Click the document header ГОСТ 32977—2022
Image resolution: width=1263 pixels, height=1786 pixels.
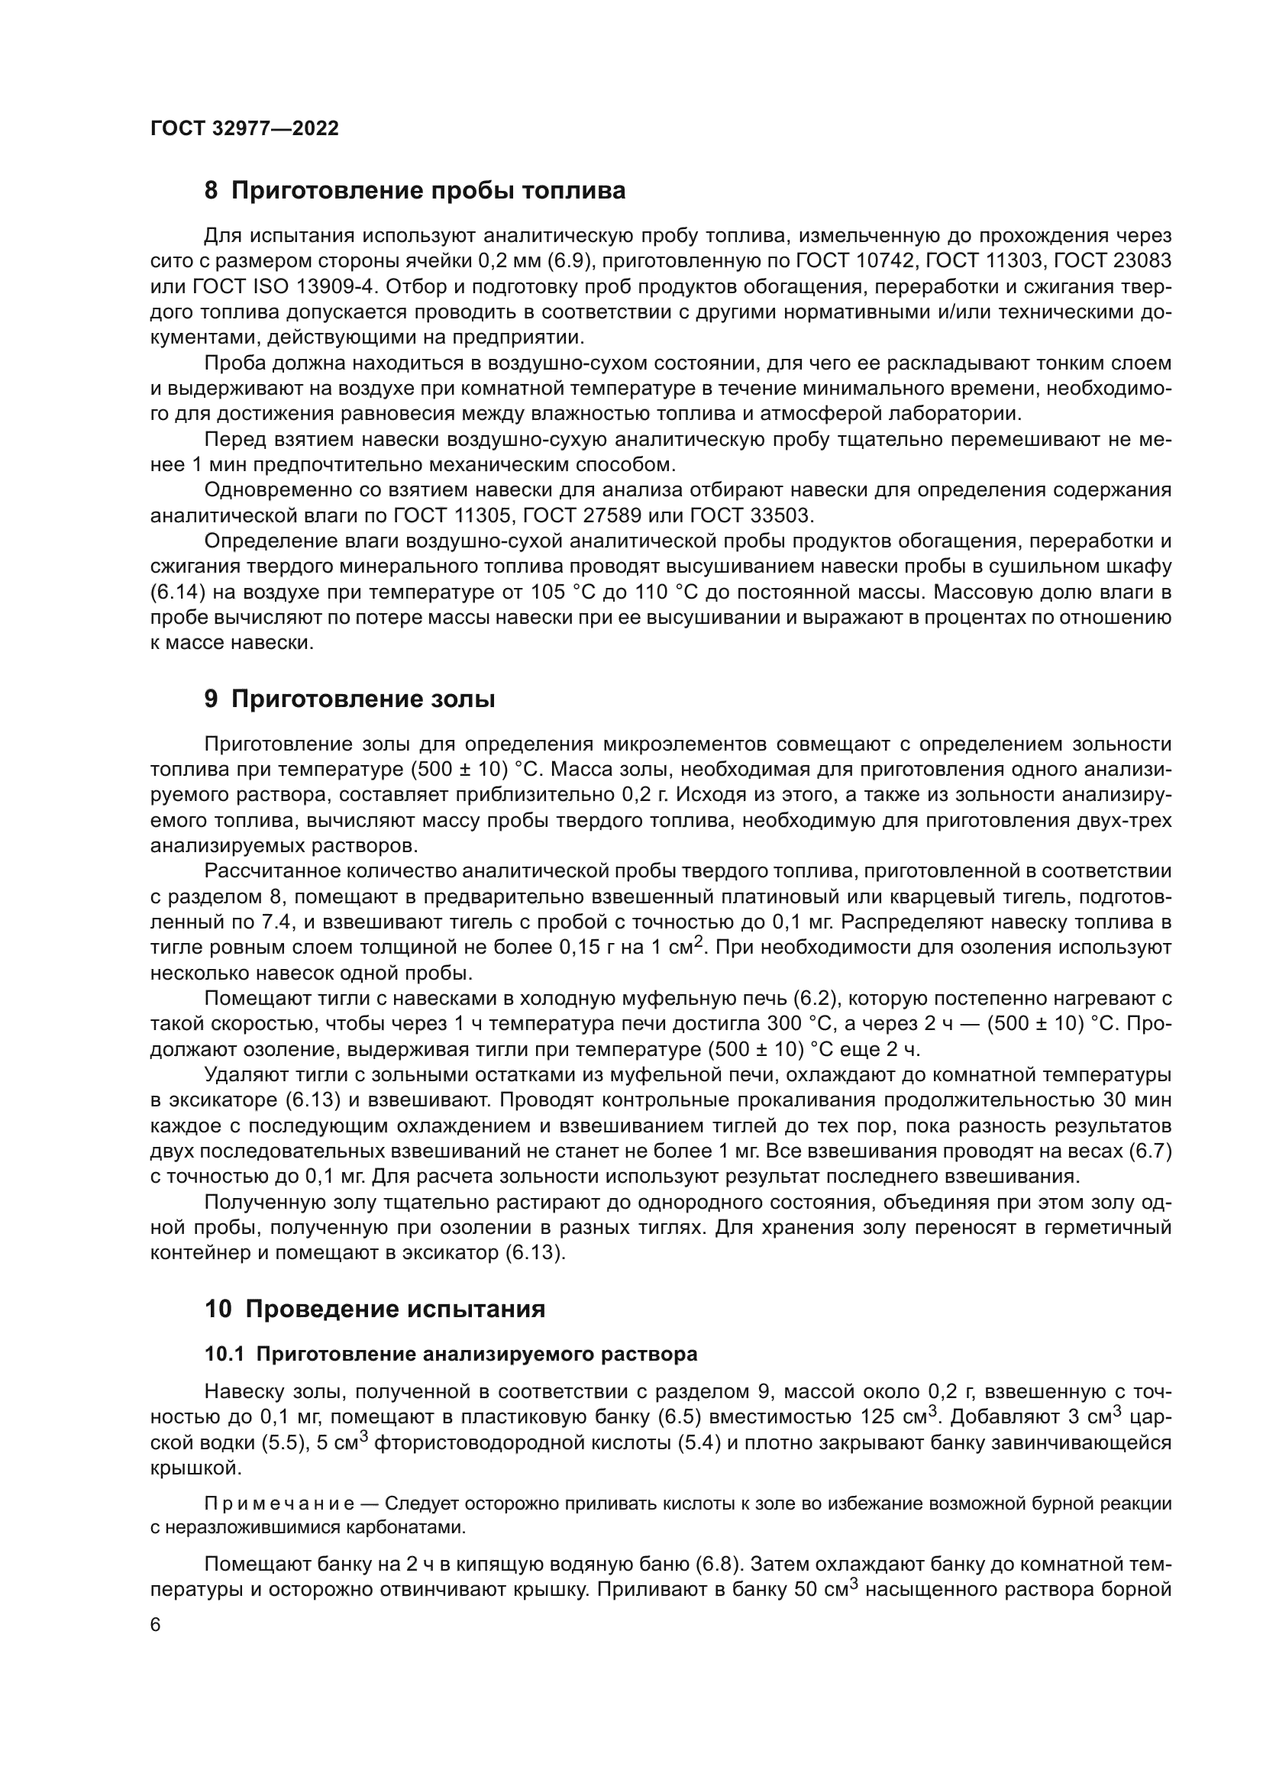tap(244, 128)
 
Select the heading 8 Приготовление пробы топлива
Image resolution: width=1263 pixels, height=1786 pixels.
tap(415, 191)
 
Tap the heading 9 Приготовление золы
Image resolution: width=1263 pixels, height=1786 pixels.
tap(349, 699)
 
